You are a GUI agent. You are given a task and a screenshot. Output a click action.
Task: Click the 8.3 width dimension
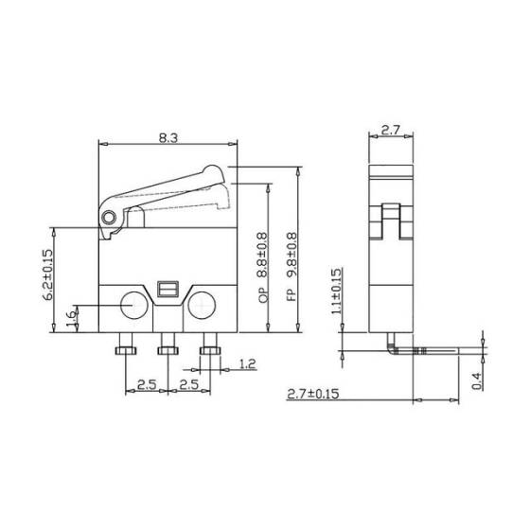[168, 138]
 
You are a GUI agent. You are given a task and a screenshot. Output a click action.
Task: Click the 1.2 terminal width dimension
[249, 363]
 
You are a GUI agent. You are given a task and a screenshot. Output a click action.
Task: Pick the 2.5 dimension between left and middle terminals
[146, 385]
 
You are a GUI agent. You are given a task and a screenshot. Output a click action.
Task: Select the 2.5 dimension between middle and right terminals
[188, 385]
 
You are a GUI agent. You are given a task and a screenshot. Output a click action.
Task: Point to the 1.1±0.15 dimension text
[336, 292]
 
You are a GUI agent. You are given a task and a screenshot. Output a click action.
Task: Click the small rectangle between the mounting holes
[168, 288]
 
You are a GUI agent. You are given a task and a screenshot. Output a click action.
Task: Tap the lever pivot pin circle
[110, 219]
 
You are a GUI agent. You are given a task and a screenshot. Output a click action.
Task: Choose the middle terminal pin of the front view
[168, 352]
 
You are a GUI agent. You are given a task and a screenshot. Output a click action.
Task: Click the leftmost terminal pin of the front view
[125, 352]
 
